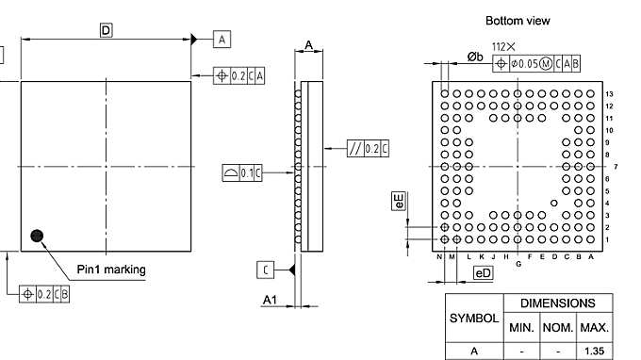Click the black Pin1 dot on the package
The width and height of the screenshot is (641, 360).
(38, 237)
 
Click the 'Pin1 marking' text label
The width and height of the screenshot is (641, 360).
(111, 270)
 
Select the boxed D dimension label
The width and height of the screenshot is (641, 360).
(106, 30)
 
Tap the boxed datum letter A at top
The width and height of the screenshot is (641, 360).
(222, 40)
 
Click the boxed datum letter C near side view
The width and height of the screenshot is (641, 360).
(266, 270)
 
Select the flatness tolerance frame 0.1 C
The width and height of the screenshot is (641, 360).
(242, 172)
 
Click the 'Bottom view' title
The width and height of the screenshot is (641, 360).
(518, 20)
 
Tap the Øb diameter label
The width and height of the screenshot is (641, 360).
(475, 57)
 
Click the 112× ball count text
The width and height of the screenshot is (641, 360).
(504, 46)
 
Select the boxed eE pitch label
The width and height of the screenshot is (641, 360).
(399, 201)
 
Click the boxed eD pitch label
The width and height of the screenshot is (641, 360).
(483, 273)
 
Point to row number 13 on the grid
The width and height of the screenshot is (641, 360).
(609, 94)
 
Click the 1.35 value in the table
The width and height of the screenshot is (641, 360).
(594, 352)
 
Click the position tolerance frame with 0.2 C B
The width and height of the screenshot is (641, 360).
(45, 294)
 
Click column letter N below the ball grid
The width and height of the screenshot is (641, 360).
(440, 256)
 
